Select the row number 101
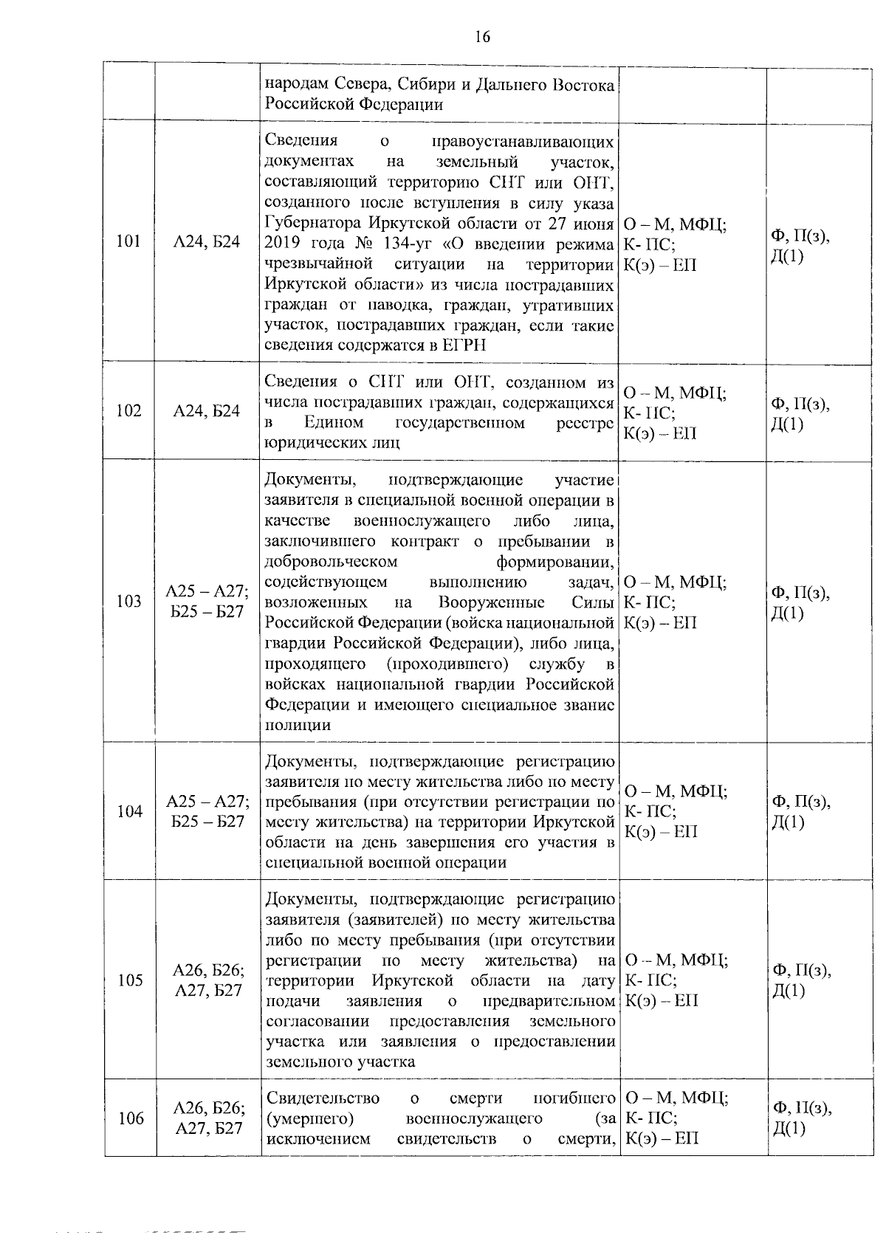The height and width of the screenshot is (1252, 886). (128, 241)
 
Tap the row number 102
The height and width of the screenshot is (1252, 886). (128, 411)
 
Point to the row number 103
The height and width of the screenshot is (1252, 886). (128, 601)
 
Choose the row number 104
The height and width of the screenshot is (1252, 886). (129, 811)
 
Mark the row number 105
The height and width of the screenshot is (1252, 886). (129, 980)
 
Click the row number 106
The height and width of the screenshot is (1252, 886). (131, 1118)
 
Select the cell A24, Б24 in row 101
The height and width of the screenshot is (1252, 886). (206, 241)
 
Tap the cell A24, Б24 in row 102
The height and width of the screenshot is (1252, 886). (206, 411)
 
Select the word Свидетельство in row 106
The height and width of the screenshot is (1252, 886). (322, 1098)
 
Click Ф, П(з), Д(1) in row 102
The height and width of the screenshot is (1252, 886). (800, 414)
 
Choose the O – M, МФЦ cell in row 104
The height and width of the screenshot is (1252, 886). (675, 791)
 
